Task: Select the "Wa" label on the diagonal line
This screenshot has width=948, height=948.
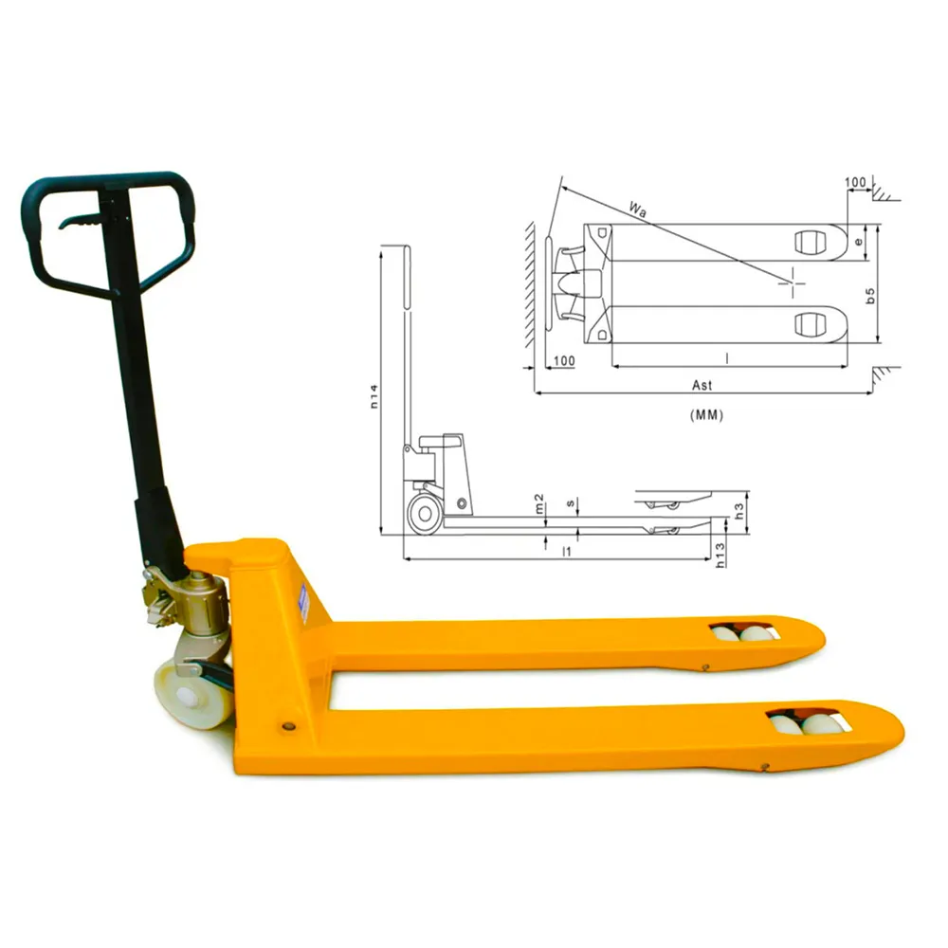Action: [637, 210]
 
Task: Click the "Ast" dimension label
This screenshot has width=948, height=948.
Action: [702, 385]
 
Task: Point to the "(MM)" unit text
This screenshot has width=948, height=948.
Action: [706, 415]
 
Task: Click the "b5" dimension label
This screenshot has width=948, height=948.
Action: [870, 296]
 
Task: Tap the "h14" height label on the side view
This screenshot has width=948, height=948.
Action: [374, 396]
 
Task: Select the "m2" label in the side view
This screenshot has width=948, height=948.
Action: [539, 503]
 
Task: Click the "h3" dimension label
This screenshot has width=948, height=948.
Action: [738, 512]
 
